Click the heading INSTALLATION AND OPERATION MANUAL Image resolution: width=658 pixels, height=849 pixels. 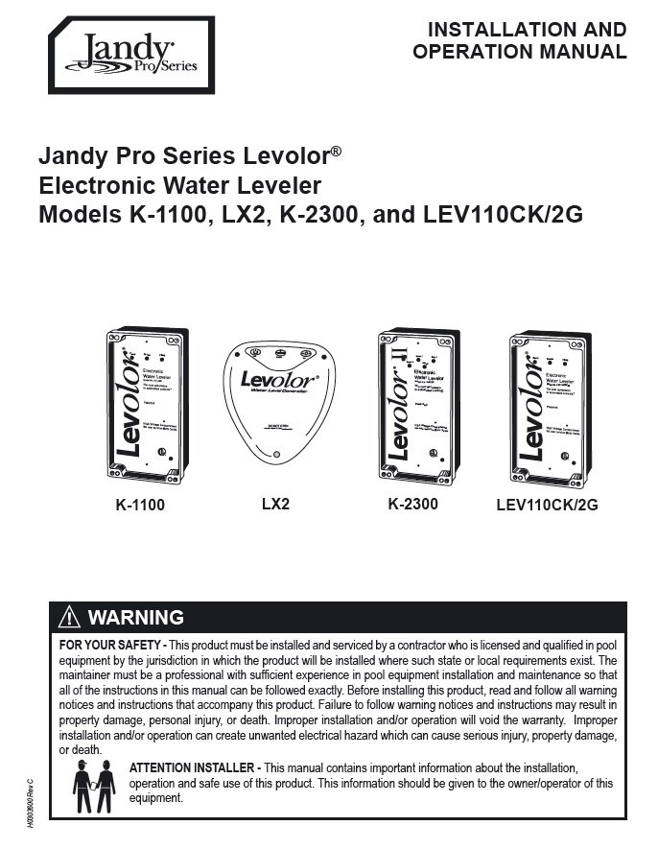click(519, 41)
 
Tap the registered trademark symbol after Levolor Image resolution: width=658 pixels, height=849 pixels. click(336, 151)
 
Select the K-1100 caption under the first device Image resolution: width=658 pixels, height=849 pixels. click(140, 505)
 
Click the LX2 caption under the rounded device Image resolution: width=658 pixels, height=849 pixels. click(274, 503)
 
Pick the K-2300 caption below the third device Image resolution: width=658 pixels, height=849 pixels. click(413, 503)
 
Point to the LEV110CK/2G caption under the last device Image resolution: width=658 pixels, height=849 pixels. click(548, 505)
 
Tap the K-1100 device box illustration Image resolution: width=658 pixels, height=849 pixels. click(146, 405)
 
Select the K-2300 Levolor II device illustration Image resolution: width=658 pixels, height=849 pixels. click(414, 405)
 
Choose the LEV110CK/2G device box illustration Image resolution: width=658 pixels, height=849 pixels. click(548, 405)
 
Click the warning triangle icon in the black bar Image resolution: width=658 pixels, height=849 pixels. click(70, 617)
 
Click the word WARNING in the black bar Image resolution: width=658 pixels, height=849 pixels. click(135, 617)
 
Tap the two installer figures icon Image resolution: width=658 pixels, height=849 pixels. click(94, 786)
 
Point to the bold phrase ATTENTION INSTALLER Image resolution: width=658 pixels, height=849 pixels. click(193, 768)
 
